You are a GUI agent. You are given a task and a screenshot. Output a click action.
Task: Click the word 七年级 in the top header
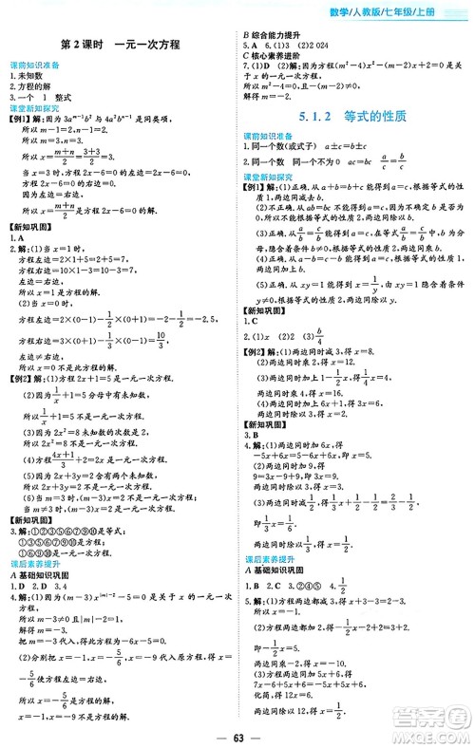pyautogui.click(x=420, y=10)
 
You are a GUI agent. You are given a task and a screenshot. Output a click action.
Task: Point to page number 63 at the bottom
pyautogui.click(x=237, y=731)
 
